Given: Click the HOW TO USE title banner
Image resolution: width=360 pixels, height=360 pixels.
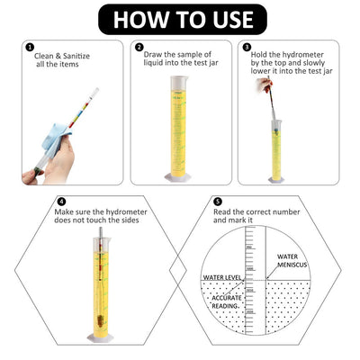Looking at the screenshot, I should [180, 18].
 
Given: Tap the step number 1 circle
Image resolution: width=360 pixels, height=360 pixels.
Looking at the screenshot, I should [30, 49].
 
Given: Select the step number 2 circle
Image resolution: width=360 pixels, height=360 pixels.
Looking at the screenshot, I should [139, 49].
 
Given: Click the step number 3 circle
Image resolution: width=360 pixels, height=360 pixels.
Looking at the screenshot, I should [246, 49].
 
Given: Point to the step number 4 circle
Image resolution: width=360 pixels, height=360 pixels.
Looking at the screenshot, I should [61, 201].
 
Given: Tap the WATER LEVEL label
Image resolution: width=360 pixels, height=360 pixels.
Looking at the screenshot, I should [220, 277].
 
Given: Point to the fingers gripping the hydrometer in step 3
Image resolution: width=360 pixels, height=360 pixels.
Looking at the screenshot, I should [267, 86].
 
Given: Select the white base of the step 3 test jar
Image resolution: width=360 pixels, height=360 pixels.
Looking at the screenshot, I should [276, 178].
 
